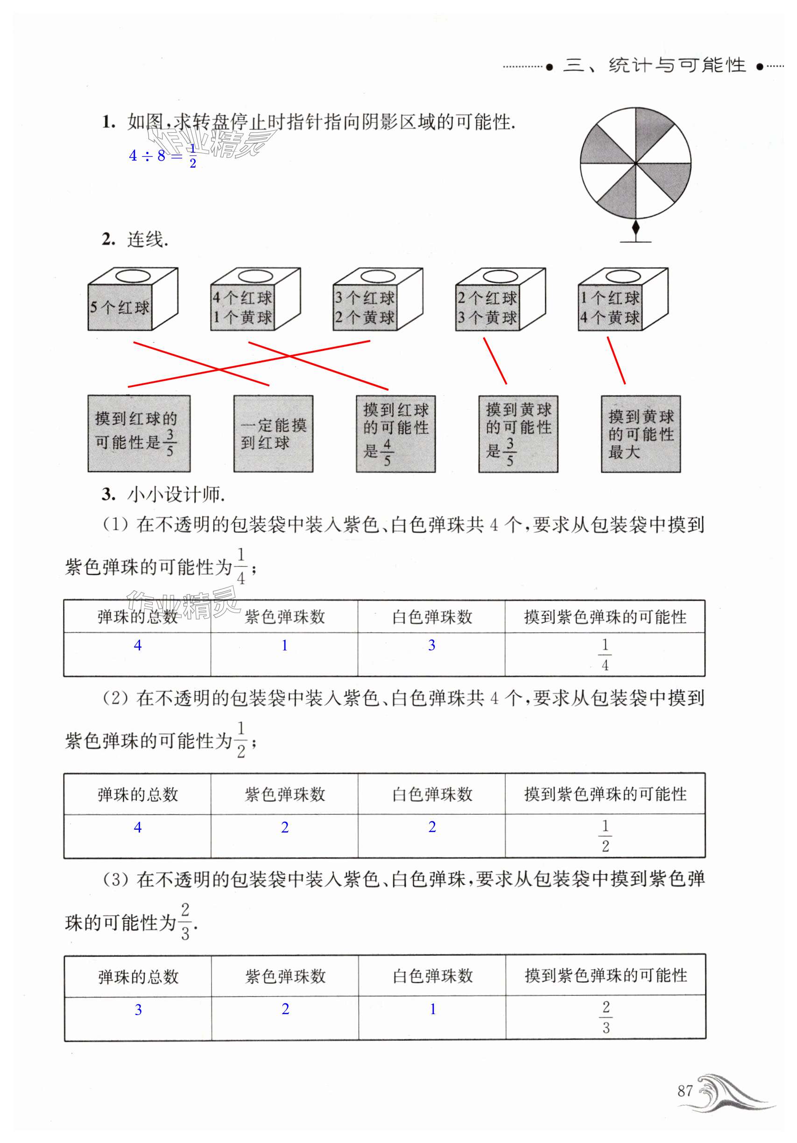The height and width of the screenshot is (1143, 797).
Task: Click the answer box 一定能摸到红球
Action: click(273, 433)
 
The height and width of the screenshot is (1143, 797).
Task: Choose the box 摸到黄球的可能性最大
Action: click(640, 433)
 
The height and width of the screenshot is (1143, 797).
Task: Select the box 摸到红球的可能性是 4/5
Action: click(395, 433)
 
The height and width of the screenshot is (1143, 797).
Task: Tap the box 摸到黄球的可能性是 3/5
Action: click(518, 433)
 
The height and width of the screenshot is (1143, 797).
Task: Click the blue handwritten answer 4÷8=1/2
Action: click(162, 156)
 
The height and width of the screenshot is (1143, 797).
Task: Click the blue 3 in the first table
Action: click(431, 645)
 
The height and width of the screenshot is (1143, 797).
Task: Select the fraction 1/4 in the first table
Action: click(605, 654)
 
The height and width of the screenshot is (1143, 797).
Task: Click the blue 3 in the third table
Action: click(138, 1009)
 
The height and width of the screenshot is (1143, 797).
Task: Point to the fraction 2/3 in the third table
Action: click(606, 1017)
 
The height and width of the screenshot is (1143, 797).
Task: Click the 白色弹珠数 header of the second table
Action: click(432, 794)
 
